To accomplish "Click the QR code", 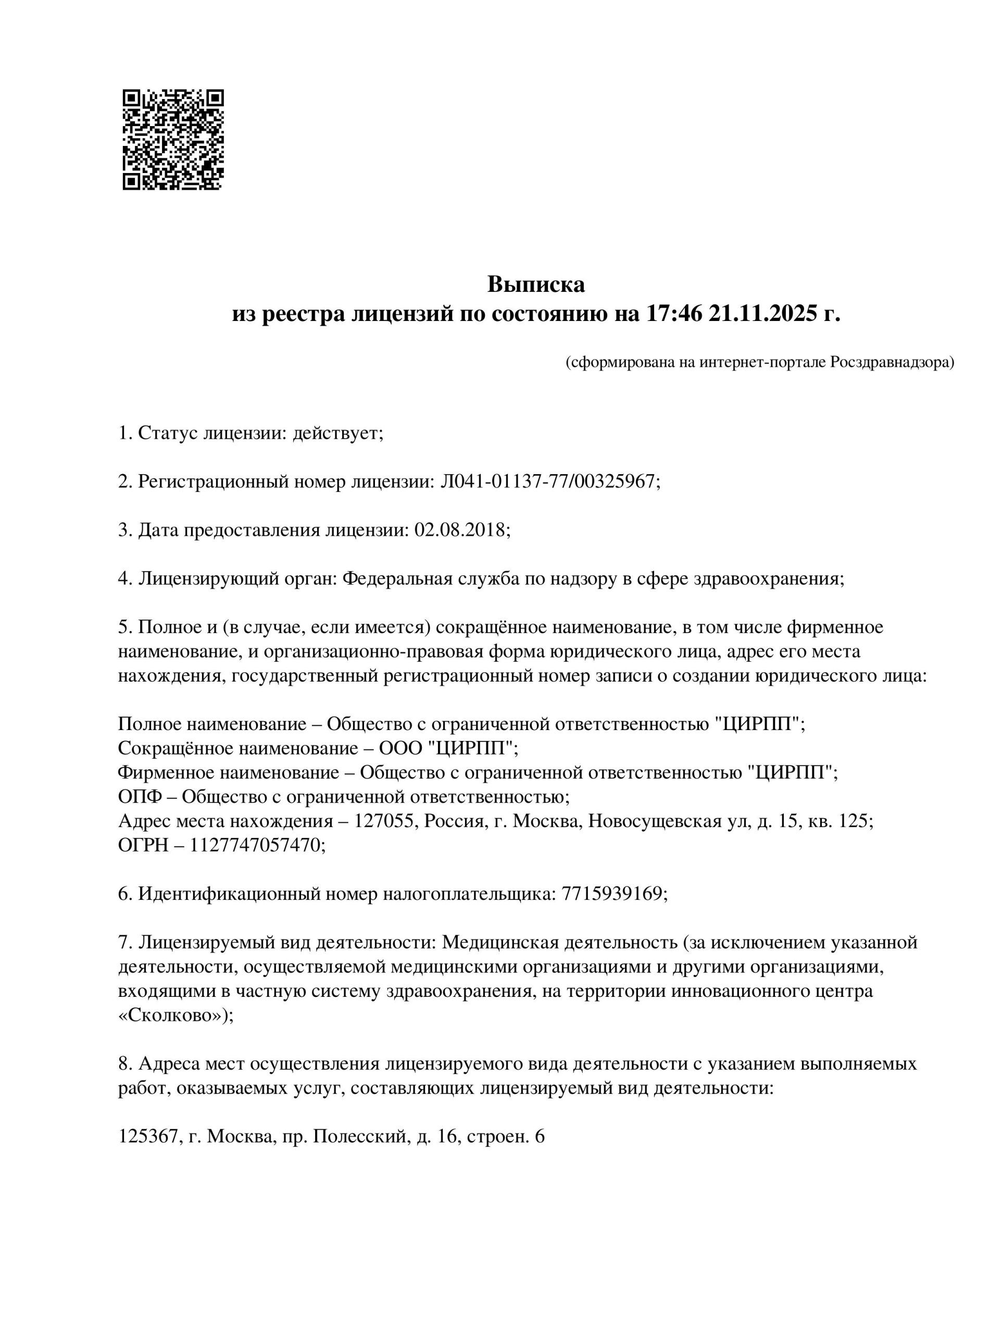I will coord(173,139).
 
